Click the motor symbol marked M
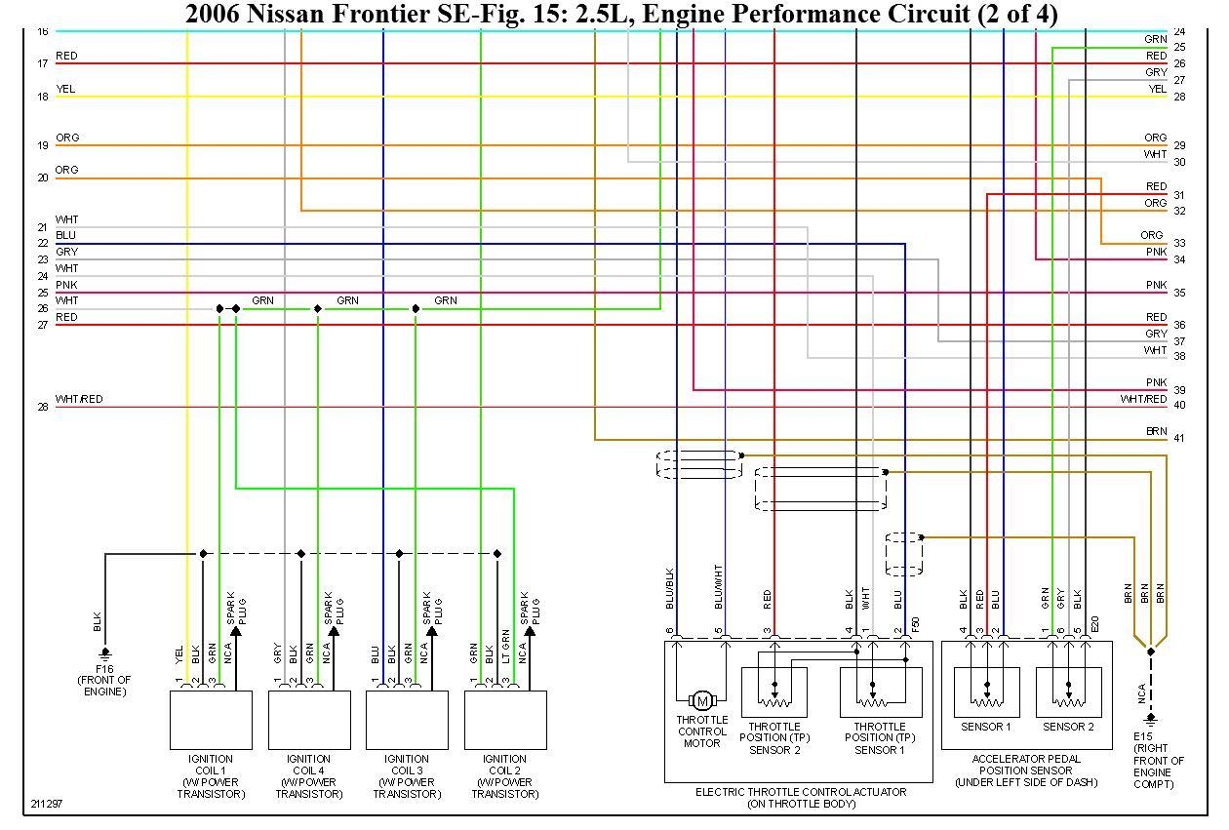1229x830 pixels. click(x=701, y=700)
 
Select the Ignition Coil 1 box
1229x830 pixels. click(x=211, y=720)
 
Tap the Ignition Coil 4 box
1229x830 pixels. click(x=309, y=720)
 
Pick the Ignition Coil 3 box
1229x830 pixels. click(x=407, y=720)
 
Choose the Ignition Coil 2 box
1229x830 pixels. click(x=505, y=720)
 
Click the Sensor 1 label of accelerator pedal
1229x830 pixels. click(x=986, y=727)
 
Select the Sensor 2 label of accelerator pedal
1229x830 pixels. click(x=1068, y=727)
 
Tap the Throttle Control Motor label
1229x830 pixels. click(x=701, y=731)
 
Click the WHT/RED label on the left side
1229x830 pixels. click(x=79, y=399)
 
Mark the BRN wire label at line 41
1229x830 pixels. click(x=1156, y=431)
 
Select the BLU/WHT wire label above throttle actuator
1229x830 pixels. click(x=719, y=587)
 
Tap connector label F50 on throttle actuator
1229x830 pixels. click(x=915, y=623)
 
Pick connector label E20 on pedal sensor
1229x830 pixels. click(x=1094, y=623)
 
